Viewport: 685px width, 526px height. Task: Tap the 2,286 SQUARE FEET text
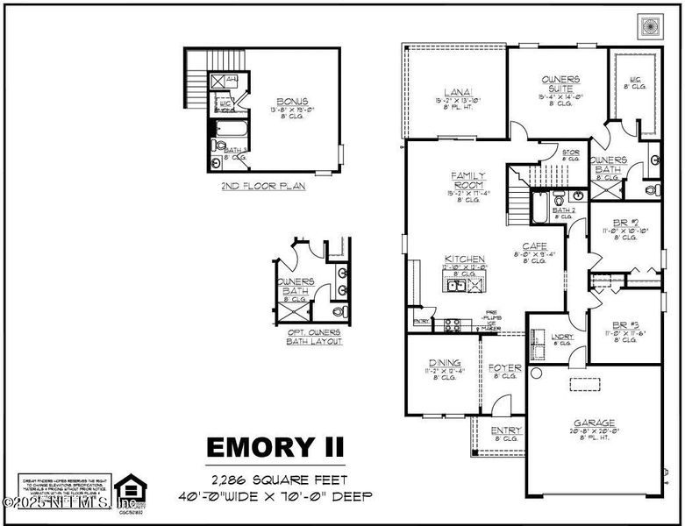click(x=278, y=480)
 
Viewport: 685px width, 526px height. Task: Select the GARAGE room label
click(x=594, y=422)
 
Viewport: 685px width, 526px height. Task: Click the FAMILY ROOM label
click(x=467, y=181)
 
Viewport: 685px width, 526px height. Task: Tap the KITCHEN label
click(x=465, y=259)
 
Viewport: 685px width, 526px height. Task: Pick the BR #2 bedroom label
click(x=624, y=223)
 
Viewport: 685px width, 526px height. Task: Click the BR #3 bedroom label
click(x=624, y=323)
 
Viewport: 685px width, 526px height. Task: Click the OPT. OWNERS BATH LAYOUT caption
click(x=314, y=336)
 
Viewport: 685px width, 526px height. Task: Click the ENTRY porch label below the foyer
click(x=506, y=430)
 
